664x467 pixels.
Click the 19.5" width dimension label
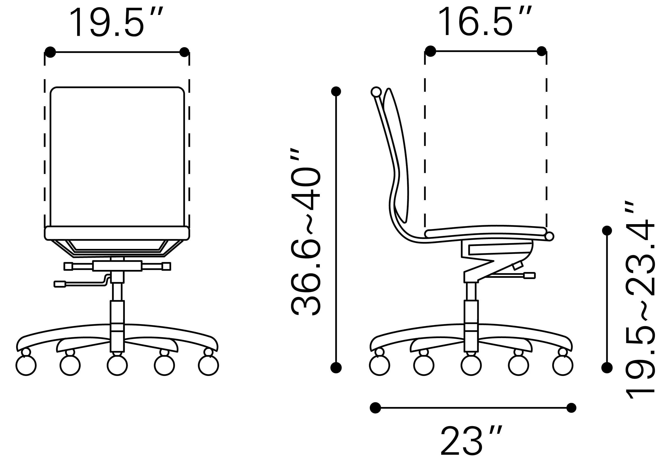pos(116,23)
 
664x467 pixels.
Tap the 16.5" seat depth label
pos(485,22)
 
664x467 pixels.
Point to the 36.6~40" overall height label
pos(306,232)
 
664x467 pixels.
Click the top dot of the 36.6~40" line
pos(336,91)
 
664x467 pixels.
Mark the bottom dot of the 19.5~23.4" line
pos(607,367)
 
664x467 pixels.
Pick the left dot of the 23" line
pos(375,408)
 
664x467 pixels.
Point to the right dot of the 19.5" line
pos(184,52)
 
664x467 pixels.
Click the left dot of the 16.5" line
pos(430,51)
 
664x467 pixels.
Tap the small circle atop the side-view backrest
pos(376,92)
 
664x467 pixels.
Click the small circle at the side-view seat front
pos(549,236)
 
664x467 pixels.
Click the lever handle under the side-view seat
pos(529,275)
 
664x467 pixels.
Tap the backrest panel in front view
pos(117,156)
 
